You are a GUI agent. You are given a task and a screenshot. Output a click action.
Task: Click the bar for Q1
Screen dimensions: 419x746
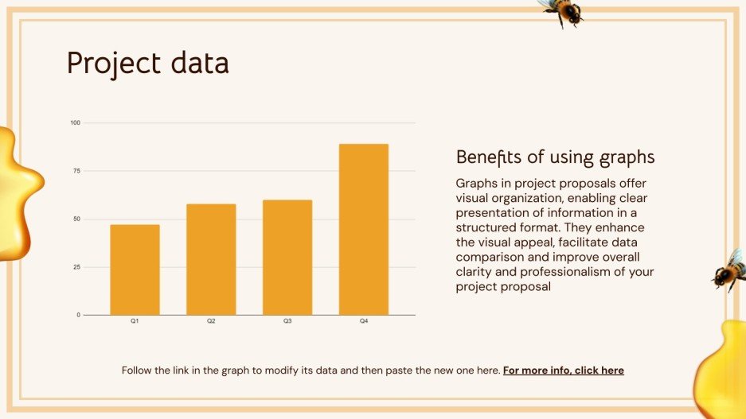tap(135, 270)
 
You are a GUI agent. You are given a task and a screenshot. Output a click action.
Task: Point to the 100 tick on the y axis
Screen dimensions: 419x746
tap(76, 122)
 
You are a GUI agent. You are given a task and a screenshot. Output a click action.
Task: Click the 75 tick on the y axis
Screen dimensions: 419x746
tap(76, 171)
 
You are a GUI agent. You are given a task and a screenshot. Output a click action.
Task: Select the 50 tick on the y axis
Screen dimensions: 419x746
tap(76, 219)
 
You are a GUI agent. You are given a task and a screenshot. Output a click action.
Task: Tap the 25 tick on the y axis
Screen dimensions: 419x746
tap(76, 267)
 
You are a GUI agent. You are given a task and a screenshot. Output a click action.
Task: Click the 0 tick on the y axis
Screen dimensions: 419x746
tap(78, 315)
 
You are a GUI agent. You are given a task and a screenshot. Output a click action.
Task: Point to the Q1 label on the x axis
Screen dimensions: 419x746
tap(135, 321)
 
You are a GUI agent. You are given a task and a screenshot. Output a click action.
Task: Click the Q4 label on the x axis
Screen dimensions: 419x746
tap(364, 321)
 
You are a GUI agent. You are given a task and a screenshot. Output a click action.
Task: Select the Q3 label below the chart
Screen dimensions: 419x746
tap(287, 321)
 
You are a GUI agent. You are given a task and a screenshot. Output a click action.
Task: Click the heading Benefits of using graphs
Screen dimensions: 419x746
tap(555, 157)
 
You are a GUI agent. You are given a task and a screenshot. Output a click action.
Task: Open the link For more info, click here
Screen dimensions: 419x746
tap(563, 371)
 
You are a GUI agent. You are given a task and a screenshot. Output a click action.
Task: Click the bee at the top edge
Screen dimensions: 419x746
tap(562, 11)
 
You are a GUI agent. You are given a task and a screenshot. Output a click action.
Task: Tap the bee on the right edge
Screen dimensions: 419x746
tap(729, 270)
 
